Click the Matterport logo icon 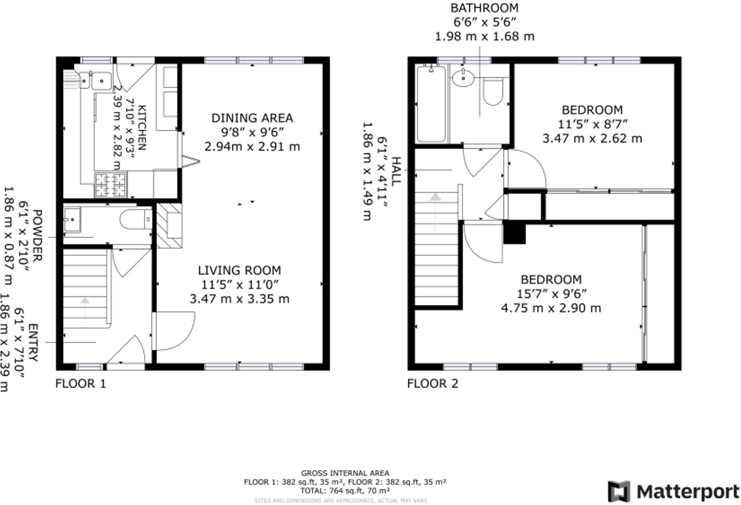[x=619, y=491]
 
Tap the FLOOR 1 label [x=81, y=384]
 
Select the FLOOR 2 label [x=432, y=384]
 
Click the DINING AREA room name [x=252, y=118]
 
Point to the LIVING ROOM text [x=239, y=271]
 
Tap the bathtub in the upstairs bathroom [x=431, y=105]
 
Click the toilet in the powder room [x=136, y=219]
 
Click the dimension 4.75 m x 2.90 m [x=551, y=308]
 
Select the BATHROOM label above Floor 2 [x=484, y=8]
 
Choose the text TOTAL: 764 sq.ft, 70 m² [x=345, y=491]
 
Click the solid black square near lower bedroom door [x=514, y=234]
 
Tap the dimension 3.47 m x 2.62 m [x=592, y=139]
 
